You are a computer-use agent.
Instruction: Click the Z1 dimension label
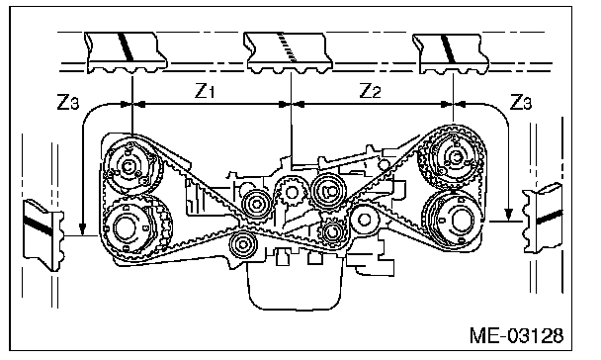click(x=205, y=91)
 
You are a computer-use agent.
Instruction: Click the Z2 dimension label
click(x=370, y=91)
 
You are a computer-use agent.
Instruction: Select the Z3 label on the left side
click(x=68, y=102)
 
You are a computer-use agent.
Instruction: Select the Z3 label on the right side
click(x=521, y=102)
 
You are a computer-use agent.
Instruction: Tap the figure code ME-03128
click(x=517, y=335)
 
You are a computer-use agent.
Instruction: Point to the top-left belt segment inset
click(x=126, y=52)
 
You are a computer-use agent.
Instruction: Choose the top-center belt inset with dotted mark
click(x=289, y=52)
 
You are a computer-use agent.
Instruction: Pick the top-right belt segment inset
click(x=451, y=53)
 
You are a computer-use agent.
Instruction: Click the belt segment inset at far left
click(x=44, y=234)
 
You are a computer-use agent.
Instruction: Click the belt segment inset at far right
click(x=543, y=219)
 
